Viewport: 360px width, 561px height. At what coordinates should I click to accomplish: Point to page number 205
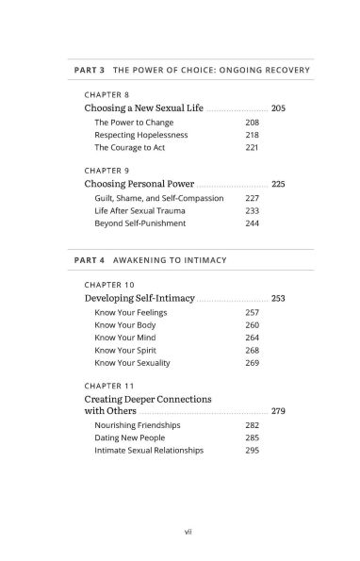[x=278, y=108]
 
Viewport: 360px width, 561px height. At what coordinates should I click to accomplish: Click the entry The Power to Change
[x=134, y=123]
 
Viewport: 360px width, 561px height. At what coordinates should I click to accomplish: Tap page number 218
[x=252, y=135]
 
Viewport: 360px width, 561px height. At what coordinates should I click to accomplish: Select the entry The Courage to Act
[x=132, y=147]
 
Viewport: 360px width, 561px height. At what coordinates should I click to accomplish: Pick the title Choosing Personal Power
[x=139, y=184]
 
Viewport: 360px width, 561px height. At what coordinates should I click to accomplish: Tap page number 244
[x=252, y=223]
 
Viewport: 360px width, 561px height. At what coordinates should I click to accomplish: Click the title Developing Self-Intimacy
[x=139, y=298]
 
